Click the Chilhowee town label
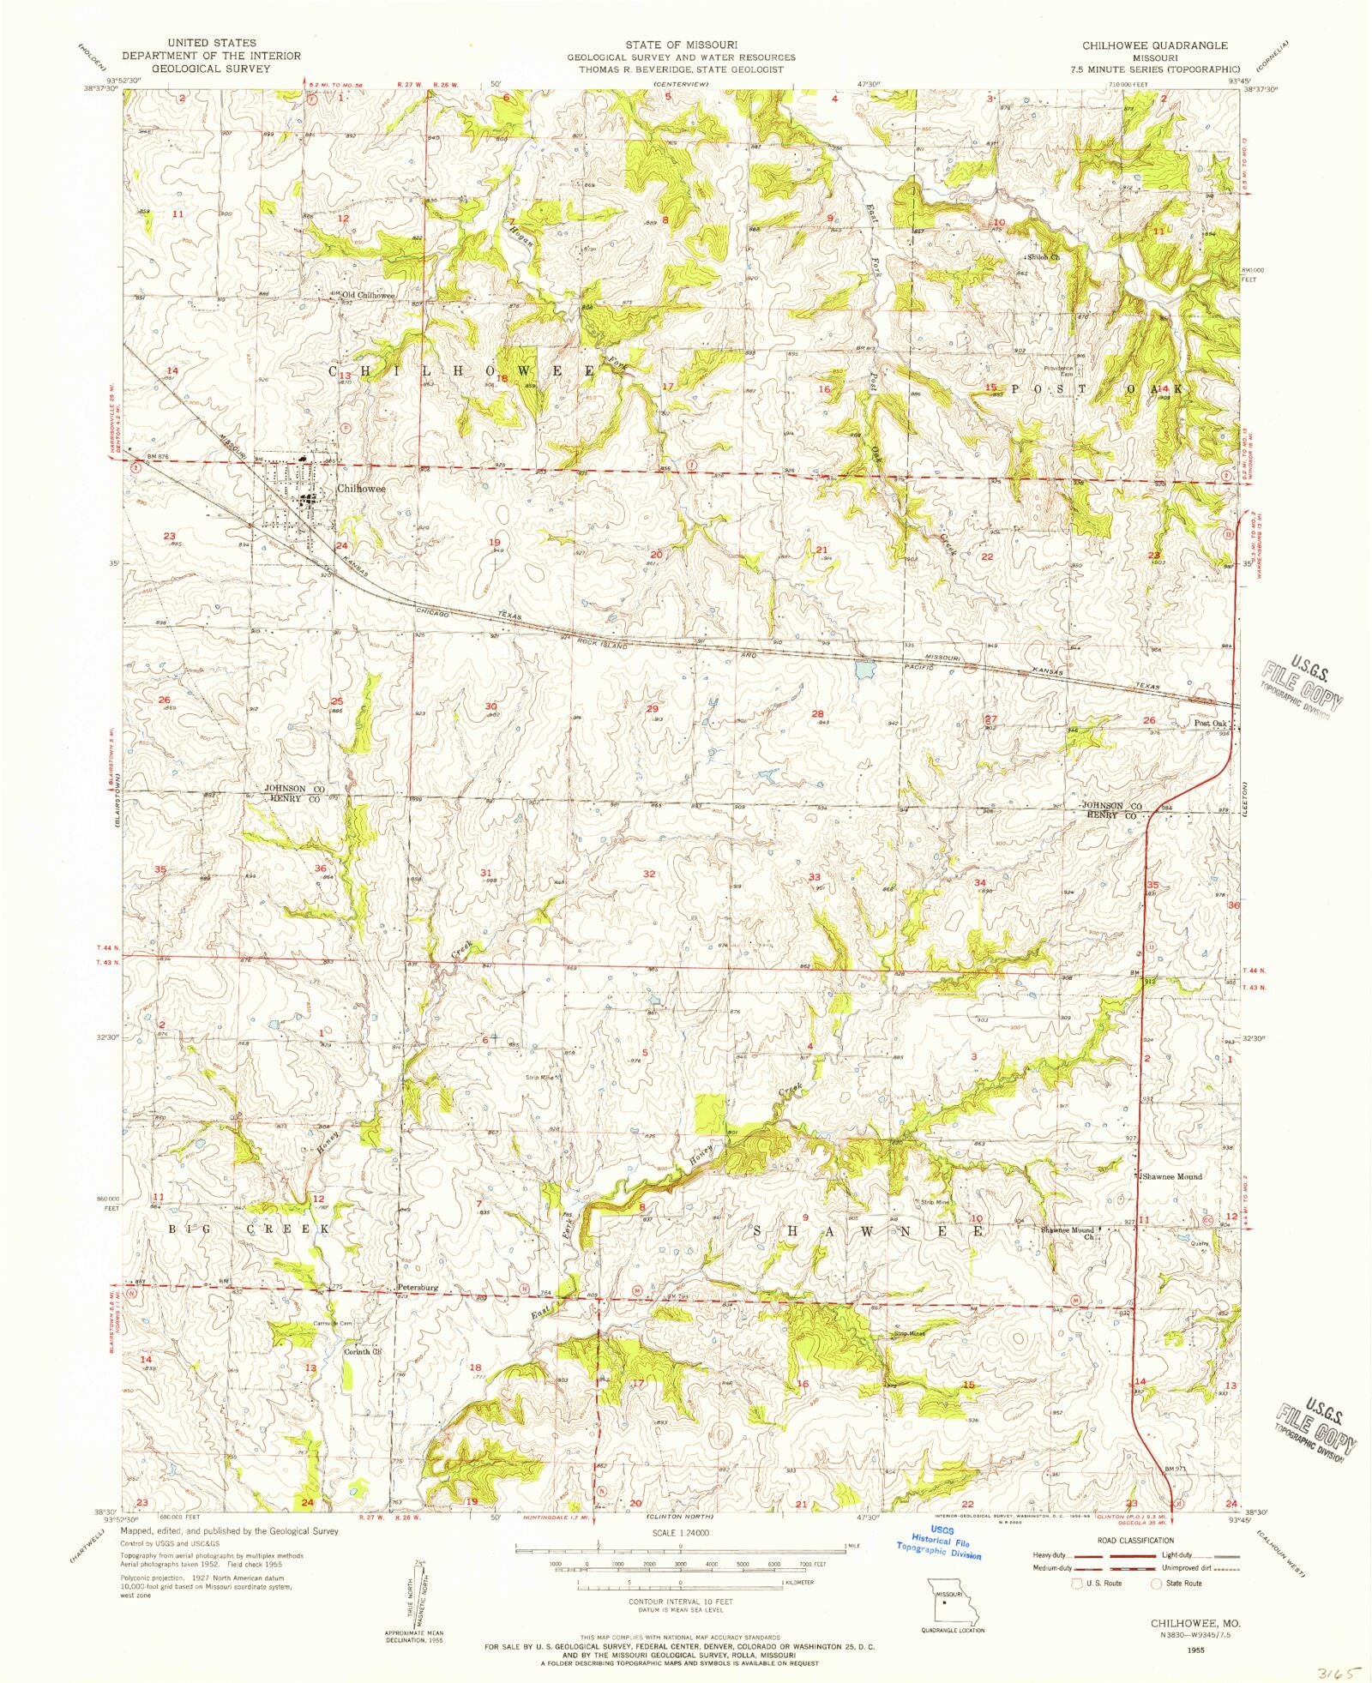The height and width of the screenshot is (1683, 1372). pyautogui.click(x=361, y=489)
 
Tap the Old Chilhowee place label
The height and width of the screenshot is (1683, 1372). pyautogui.click(x=369, y=295)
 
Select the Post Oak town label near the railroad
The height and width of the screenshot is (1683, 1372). pyautogui.click(x=1210, y=724)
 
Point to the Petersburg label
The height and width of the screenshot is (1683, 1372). pyautogui.click(x=418, y=1288)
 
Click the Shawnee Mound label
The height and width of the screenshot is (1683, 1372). pyautogui.click(x=1171, y=1177)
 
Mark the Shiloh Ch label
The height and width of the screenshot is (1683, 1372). pyautogui.click(x=1044, y=256)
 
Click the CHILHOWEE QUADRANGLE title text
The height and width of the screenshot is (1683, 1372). pyautogui.click(x=1154, y=45)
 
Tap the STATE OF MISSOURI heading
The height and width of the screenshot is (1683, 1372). pyautogui.click(x=680, y=45)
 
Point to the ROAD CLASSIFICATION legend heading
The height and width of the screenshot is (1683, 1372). pyautogui.click(x=1125, y=1541)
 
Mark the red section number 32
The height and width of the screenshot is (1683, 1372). pyautogui.click(x=649, y=874)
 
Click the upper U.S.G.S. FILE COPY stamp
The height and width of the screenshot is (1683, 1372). pyautogui.click(x=1301, y=687)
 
